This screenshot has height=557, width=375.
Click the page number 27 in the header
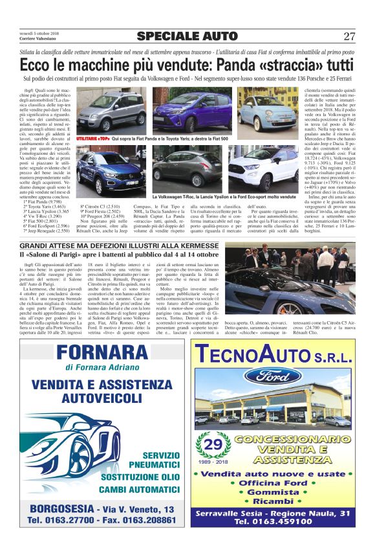(x=349, y=36)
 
